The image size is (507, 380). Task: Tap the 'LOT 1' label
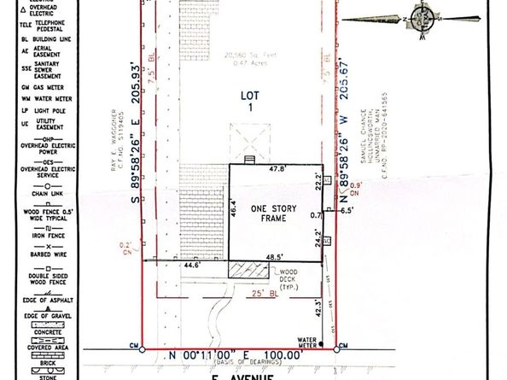tap(247, 103)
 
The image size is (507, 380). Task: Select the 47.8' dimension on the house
tap(277, 170)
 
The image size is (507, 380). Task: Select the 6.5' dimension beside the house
tap(347, 209)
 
